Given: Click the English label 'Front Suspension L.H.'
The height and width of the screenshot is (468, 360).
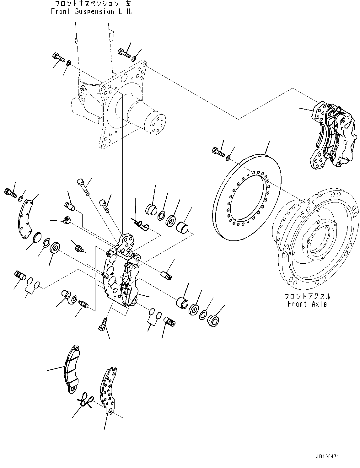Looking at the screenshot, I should [91, 12].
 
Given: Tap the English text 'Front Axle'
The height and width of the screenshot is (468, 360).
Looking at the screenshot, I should [307, 304].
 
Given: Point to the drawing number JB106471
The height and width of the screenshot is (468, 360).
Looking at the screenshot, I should [325, 457].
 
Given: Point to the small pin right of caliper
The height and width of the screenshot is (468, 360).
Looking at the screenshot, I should [166, 274].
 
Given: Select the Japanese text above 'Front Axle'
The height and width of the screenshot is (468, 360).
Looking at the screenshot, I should [307, 296].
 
